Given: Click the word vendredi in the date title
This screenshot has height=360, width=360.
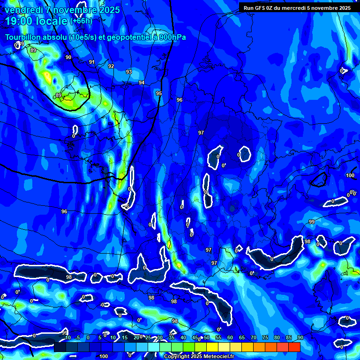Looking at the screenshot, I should [x=25, y=10].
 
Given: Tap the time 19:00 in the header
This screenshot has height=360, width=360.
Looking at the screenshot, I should [x=20, y=21].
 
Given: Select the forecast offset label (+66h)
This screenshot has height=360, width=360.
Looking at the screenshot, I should [x=81, y=21].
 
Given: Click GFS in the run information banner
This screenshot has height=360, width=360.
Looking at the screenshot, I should [x=262, y=8].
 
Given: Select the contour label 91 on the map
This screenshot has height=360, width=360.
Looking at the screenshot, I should [x=92, y=62].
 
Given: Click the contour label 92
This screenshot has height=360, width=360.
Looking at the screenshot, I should [x=111, y=66].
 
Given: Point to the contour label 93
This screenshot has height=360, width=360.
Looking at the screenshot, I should [x=129, y=72].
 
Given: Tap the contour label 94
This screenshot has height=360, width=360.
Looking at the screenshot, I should [x=142, y=82].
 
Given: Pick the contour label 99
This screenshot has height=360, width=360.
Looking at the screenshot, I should [x=312, y=222].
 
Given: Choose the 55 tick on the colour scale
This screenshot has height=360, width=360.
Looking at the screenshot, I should [x=218, y=338].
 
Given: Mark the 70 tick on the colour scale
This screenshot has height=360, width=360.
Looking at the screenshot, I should [x=254, y=338].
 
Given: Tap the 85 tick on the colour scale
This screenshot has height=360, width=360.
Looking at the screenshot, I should [x=289, y=338].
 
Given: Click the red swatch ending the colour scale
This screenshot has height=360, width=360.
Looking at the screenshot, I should [x=294, y=347].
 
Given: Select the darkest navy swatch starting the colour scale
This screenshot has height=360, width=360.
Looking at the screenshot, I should [x=60, y=347].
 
